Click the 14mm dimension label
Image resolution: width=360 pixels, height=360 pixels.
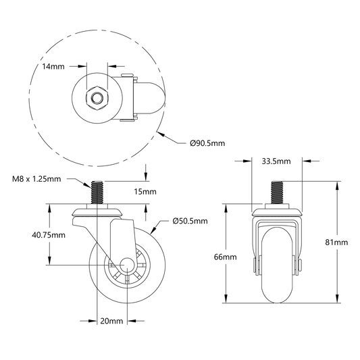pyautogui.click(x=53, y=67)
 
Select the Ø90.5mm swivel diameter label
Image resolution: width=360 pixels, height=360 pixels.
pyautogui.click(x=207, y=143)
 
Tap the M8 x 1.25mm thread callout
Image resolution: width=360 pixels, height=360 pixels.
pyautogui.click(x=36, y=179)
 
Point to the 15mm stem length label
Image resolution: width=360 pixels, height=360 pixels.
pyautogui.click(x=145, y=191)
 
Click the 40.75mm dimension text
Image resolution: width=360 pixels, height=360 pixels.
pyautogui.click(x=49, y=235)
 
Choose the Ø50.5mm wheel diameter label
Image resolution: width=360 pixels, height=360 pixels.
pyautogui.click(x=190, y=221)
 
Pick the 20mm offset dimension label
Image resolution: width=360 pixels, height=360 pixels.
pyautogui.click(x=111, y=321)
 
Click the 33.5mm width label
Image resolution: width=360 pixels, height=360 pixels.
pyautogui.click(x=276, y=161)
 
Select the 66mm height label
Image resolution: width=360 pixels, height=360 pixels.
pyautogui.click(x=225, y=257)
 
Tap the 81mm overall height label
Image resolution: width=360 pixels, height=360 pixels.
pyautogui.click(x=336, y=242)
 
